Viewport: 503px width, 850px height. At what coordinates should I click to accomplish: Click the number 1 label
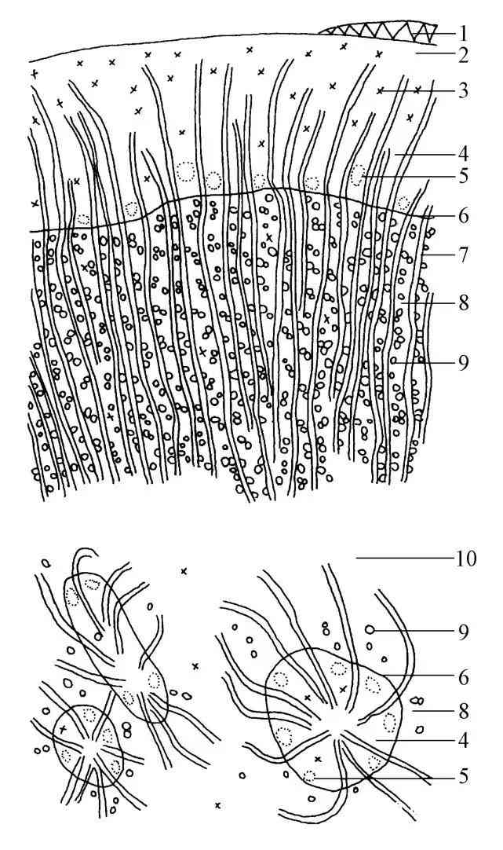click(x=463, y=34)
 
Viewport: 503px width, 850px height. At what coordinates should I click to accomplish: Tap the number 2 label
click(x=463, y=55)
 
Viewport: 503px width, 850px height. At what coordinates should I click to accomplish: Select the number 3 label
click(x=463, y=90)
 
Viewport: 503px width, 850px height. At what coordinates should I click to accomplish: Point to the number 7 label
click(x=463, y=254)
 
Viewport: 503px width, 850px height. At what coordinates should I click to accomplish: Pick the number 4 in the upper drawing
click(x=463, y=154)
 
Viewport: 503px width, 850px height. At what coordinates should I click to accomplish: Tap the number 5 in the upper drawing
click(x=463, y=176)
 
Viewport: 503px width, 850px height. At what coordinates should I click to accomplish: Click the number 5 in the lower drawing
click(x=463, y=776)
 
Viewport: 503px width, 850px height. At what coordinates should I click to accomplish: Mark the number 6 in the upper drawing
click(x=463, y=216)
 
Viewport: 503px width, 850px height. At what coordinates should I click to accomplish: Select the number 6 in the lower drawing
click(x=463, y=678)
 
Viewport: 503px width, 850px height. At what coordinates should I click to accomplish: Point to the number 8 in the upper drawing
click(x=463, y=302)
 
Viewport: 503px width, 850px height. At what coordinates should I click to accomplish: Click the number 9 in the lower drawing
click(x=463, y=632)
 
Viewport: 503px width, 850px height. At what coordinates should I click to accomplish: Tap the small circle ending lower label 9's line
click(x=370, y=630)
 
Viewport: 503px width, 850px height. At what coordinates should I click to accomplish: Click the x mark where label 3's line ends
click(x=380, y=90)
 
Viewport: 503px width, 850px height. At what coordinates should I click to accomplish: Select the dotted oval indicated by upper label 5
click(x=357, y=174)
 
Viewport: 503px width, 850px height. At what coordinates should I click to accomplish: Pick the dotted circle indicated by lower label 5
click(x=309, y=776)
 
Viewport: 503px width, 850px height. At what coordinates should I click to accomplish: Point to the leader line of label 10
click(x=404, y=558)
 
